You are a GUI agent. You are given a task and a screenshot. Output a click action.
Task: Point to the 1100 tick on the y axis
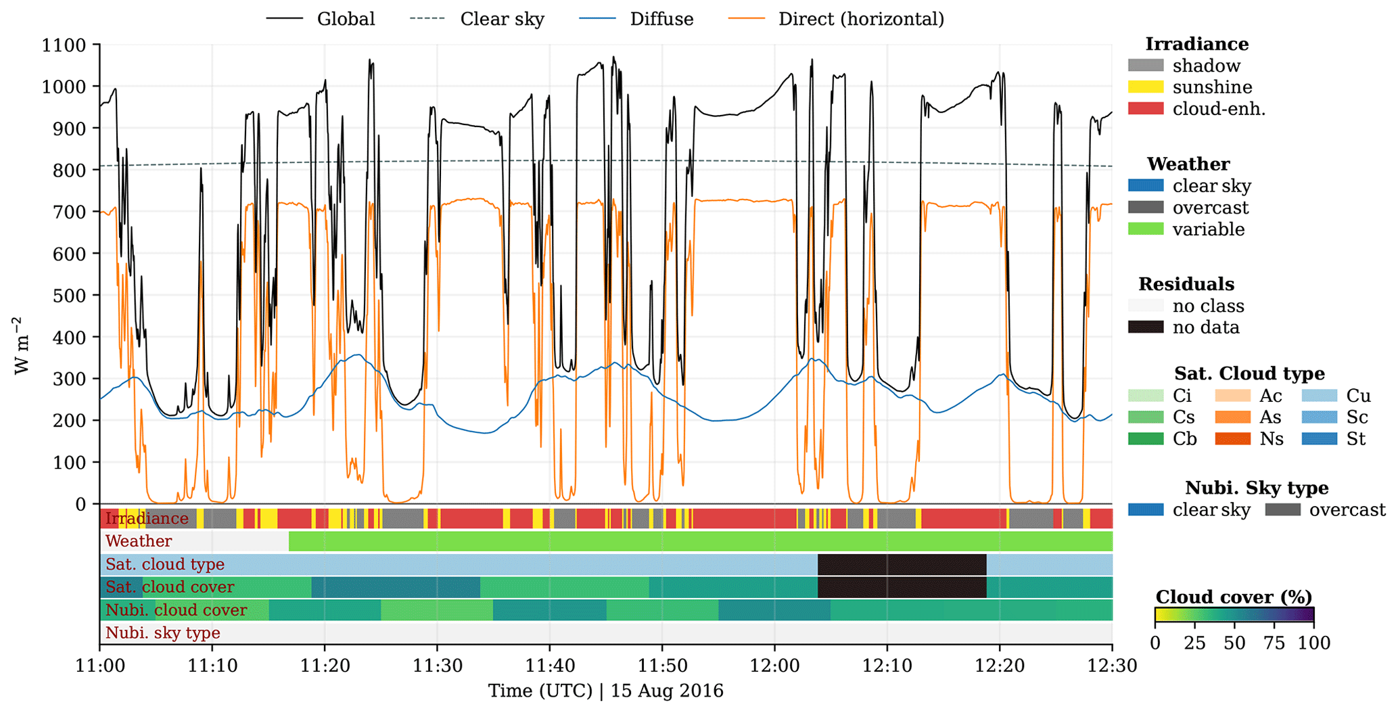[64, 45]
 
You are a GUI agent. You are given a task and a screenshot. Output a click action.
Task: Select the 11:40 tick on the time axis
[549, 666]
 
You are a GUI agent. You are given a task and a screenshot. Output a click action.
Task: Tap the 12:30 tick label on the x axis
[1112, 666]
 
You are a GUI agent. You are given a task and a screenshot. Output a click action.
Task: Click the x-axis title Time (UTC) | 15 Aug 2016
[605, 691]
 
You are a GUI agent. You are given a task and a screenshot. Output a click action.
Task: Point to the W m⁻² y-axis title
[22, 345]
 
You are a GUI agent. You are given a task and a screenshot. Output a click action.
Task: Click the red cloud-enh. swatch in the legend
[1146, 109]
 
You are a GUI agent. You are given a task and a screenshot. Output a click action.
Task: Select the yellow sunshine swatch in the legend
[1146, 87]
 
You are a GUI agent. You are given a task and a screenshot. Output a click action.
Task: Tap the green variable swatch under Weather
[1146, 229]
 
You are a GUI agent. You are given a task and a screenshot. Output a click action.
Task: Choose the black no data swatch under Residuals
[1146, 327]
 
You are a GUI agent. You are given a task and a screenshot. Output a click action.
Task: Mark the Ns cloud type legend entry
[1272, 439]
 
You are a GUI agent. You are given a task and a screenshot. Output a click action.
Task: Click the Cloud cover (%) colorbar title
[1234, 597]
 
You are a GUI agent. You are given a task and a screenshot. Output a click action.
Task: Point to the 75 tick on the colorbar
[1274, 643]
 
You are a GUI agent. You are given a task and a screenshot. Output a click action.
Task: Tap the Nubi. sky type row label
[162, 633]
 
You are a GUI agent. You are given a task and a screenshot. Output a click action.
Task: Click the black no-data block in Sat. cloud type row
[902, 564]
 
